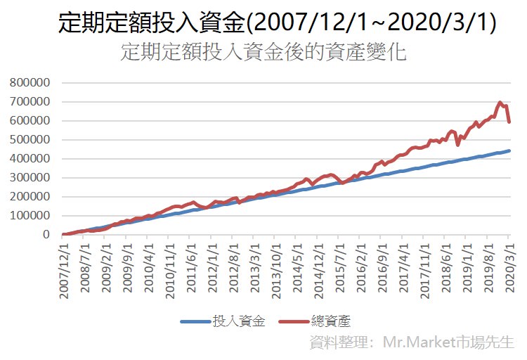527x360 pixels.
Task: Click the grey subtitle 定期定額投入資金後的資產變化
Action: pos(263,53)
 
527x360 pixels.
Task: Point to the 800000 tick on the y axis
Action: pos(32,82)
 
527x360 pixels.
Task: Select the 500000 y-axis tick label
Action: pos(32,139)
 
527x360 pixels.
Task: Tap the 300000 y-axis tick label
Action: pos(32,177)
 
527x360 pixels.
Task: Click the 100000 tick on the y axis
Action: pos(32,215)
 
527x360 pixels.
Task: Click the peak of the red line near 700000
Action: pos(500,103)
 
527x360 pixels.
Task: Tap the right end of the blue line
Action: pos(509,150)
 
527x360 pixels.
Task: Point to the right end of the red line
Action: pos(509,122)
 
